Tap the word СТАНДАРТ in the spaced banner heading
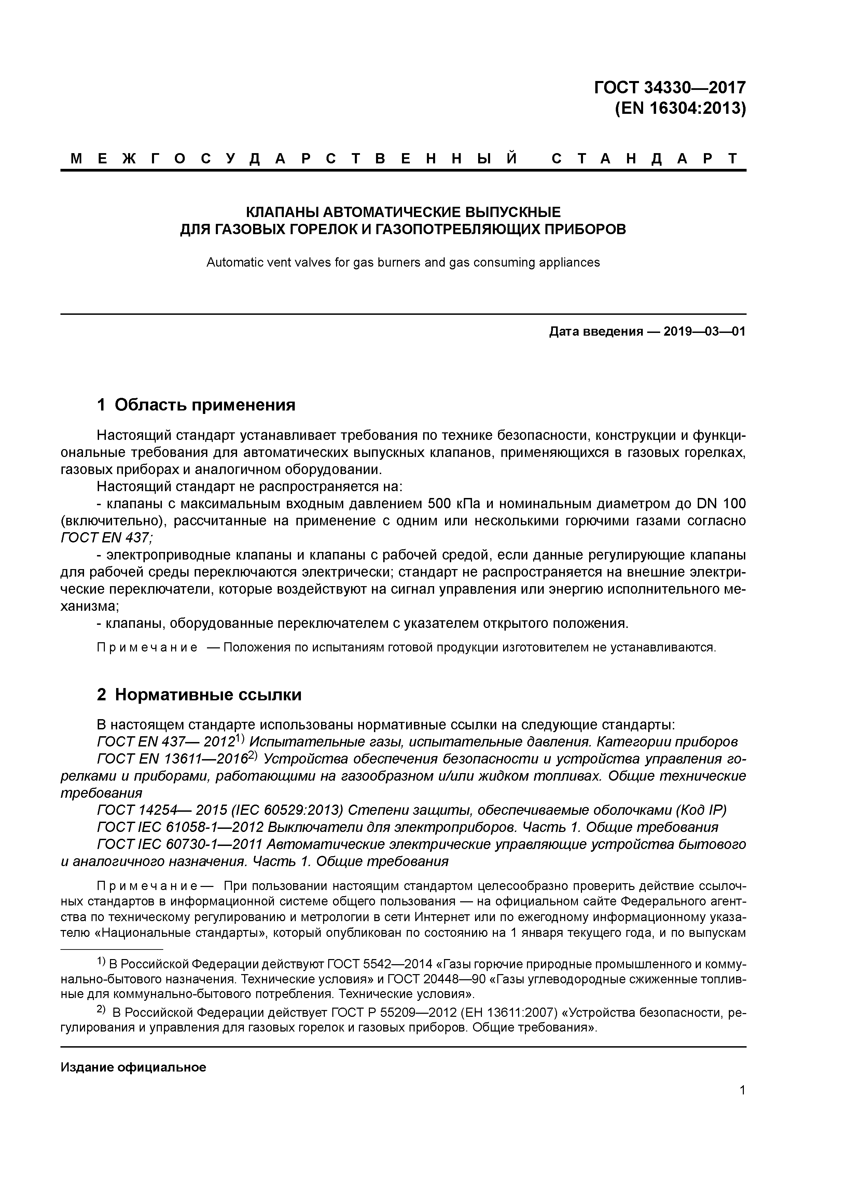click(x=645, y=159)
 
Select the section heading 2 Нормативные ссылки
click(x=199, y=695)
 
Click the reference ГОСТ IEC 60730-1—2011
click(x=181, y=845)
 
